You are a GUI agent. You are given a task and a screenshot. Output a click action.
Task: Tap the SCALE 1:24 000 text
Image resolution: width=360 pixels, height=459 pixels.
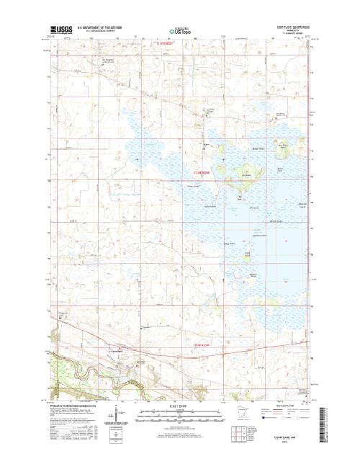click(x=179, y=405)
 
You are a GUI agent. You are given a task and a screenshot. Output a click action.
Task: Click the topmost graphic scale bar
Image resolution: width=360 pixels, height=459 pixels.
click(x=179, y=411)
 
